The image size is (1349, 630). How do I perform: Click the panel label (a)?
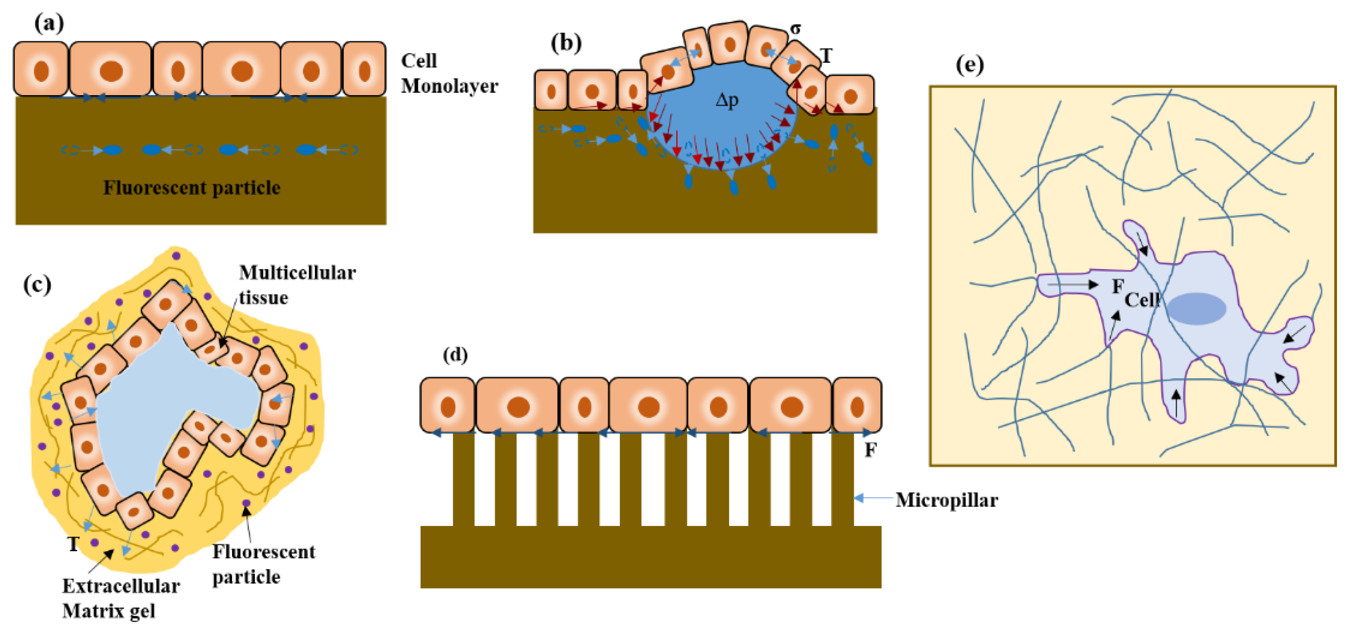click(49, 24)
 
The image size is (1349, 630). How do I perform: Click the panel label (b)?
click(566, 43)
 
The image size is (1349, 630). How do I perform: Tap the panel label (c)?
click(37, 285)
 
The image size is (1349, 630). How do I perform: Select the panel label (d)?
click(454, 356)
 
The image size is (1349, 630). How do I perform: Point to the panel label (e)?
click(969, 65)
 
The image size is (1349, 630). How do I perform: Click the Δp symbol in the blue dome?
click(727, 100)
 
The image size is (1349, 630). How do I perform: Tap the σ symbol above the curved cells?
click(795, 29)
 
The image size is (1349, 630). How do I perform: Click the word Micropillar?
click(946, 501)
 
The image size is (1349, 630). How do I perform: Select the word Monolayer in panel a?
click(450, 86)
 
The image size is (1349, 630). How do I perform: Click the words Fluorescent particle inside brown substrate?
click(192, 188)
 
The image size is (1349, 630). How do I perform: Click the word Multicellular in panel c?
click(297, 273)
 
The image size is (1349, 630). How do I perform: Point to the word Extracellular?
click(121, 586)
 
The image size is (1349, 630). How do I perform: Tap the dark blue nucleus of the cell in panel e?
click(1196, 309)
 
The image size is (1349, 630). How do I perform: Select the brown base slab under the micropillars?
click(650, 558)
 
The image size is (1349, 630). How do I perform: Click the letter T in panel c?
click(73, 545)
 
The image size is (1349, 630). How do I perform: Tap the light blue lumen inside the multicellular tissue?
click(157, 409)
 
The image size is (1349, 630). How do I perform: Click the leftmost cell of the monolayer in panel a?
click(41, 69)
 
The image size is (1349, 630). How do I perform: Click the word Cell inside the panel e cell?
click(1142, 301)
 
